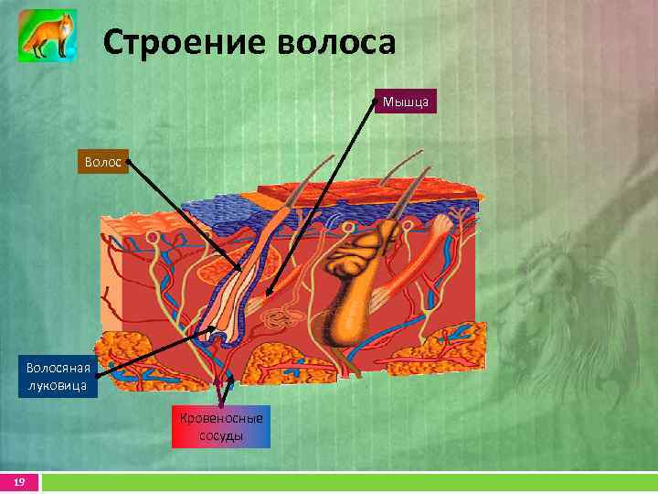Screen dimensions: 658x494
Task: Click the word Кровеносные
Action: click(221, 418)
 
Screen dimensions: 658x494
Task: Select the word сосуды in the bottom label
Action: click(221, 435)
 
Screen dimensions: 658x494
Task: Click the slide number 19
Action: click(17, 482)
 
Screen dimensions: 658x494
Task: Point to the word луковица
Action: click(57, 386)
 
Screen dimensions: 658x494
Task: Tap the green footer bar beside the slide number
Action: click(347, 482)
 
